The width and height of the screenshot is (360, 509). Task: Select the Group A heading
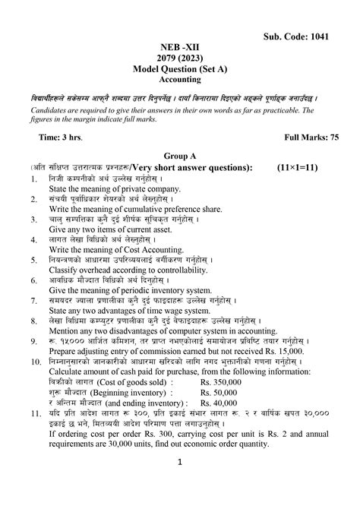pos(180,155)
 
